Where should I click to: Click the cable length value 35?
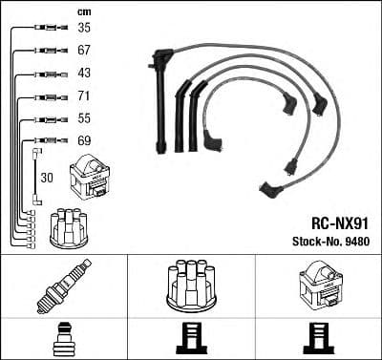click(84, 29)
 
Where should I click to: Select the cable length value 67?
click(84, 51)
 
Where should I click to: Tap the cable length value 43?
click(84, 74)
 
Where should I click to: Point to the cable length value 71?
click(84, 96)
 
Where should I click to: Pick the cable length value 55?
click(84, 118)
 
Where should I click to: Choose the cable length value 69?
click(84, 141)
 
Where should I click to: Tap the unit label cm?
click(82, 11)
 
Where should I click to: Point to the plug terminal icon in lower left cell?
click(64, 340)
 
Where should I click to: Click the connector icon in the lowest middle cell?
click(191, 340)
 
